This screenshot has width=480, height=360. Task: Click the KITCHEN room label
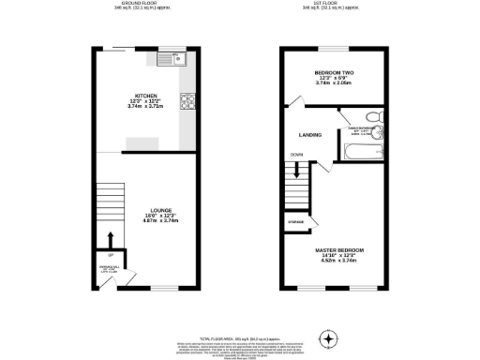point(144,95)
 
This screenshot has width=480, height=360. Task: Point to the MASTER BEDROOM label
point(337,250)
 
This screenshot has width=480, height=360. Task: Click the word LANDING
point(310,135)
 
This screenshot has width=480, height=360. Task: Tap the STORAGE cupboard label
point(295,222)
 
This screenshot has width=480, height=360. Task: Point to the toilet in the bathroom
point(372,117)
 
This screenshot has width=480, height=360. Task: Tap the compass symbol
point(327,337)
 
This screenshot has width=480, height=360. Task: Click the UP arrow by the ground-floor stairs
point(111,239)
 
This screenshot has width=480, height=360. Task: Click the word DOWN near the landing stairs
point(296,155)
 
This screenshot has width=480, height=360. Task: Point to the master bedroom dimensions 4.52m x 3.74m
point(337,262)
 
